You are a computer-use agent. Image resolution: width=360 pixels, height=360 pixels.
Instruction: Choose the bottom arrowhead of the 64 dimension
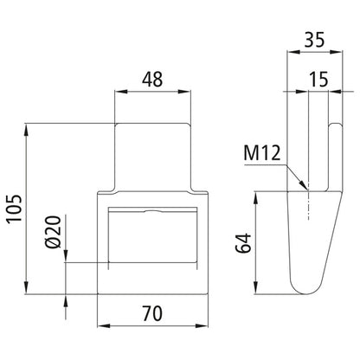(x=256, y=292)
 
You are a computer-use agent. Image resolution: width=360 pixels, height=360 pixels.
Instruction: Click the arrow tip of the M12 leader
(x=305, y=189)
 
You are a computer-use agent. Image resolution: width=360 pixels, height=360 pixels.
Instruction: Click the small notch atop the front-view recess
(x=152, y=210)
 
